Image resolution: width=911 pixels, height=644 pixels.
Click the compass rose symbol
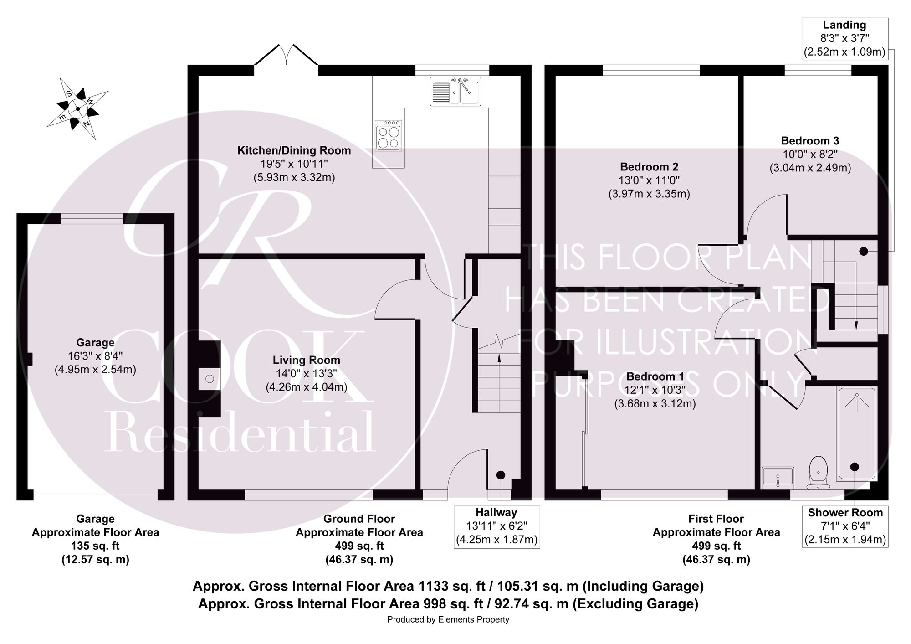coord(78,108)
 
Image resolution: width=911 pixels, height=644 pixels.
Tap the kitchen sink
coord(455,91)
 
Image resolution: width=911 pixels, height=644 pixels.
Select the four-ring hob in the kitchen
coord(389,135)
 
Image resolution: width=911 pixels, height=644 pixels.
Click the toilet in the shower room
coord(819,473)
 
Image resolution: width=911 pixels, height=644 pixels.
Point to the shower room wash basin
coord(778,477)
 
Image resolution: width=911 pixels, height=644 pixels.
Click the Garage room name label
coord(95,342)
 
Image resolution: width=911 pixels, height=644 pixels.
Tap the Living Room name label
coord(307,360)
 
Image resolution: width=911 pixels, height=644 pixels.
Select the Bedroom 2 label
coord(649,167)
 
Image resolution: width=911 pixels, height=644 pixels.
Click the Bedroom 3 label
coord(810,141)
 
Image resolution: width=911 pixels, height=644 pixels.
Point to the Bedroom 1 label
coord(655,376)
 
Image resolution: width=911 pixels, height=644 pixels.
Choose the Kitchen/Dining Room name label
coord(294,150)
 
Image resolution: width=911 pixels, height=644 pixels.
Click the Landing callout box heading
coord(844,25)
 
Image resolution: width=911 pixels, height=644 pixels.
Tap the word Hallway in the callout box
coord(496,512)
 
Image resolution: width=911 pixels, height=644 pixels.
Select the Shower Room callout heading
coord(845,512)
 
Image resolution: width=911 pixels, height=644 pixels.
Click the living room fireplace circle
coord(210,379)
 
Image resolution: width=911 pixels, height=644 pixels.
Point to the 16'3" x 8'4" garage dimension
coord(95,355)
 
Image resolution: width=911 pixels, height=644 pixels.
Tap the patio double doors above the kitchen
coord(286,55)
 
